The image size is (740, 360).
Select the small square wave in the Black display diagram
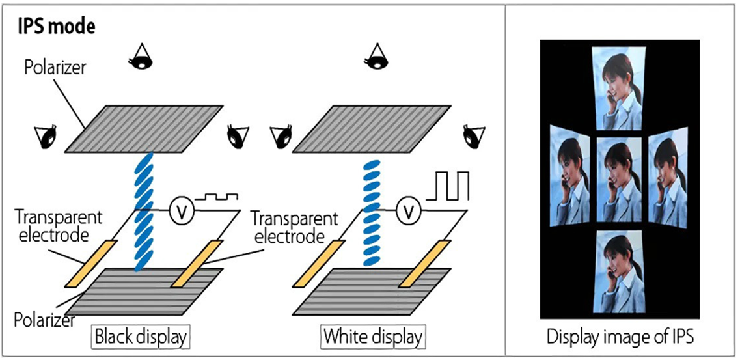point(221,196)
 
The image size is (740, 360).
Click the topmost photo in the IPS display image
point(619,85)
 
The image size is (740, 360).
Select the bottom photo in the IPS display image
point(619,274)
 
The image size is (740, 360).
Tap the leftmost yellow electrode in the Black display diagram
point(90,263)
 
